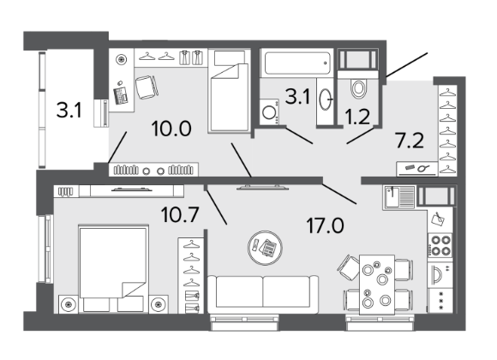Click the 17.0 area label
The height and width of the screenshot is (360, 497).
tap(325, 225)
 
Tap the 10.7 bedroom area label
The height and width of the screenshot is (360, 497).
tap(180, 214)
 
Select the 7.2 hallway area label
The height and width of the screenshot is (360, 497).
tap(410, 141)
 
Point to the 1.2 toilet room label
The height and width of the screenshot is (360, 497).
tap(357, 117)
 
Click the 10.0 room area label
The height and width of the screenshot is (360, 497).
tap(171, 129)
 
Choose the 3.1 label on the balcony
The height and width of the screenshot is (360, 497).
tap(69, 110)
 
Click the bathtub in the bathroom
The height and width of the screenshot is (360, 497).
tap(296, 63)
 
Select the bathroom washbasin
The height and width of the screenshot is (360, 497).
tap(325, 100)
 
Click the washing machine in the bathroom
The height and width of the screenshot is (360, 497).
tap(269, 112)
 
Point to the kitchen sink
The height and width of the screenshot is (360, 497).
tap(399, 197)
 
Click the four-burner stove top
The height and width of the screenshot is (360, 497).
tap(440, 245)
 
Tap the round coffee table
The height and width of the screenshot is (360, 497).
tap(265, 248)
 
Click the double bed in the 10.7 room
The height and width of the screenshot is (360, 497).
tap(113, 269)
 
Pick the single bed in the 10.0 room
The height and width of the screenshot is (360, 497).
tap(229, 91)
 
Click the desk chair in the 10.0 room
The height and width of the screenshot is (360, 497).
tap(147, 87)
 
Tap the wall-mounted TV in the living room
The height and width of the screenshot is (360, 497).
tap(263, 188)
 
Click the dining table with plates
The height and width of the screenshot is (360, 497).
tap(377, 285)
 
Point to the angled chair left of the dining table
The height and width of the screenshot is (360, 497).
tap(348, 268)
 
